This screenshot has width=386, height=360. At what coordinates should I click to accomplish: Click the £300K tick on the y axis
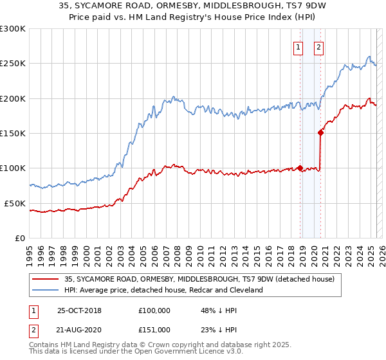[x=13, y=29]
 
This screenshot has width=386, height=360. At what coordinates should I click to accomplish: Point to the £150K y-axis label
[x=13, y=133]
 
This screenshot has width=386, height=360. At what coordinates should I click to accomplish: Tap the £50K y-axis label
[x=15, y=203]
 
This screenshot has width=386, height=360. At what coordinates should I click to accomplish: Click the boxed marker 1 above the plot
[x=299, y=46]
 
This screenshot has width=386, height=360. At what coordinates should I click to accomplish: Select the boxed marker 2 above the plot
[x=319, y=46]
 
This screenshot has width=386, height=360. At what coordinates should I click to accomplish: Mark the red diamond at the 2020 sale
[x=320, y=133]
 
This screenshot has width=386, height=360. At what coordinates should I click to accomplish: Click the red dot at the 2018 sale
[x=300, y=168]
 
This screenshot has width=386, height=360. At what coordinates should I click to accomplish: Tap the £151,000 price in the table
[x=154, y=330]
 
